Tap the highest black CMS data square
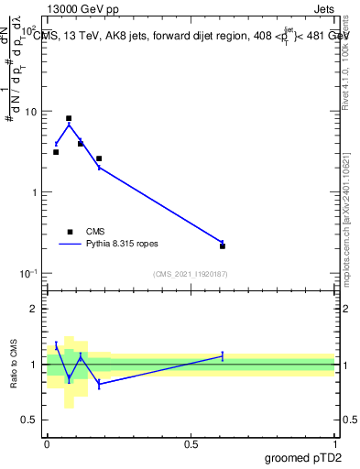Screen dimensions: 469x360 click(69, 118)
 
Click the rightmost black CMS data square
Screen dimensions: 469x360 click(223, 245)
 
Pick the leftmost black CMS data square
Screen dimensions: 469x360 click(56, 152)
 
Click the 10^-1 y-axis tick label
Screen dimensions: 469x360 click(29, 273)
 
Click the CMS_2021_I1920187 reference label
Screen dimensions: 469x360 click(191, 274)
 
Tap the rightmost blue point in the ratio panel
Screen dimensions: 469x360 click(223, 355)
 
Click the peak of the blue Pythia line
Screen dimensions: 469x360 click(69, 125)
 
